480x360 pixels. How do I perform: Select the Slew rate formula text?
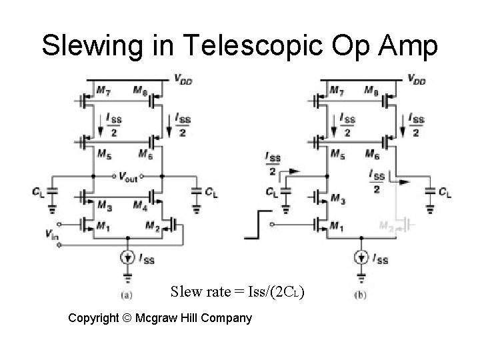click(x=238, y=292)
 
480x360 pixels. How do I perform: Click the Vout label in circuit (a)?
click(x=129, y=177)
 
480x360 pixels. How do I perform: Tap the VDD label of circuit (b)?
click(x=417, y=79)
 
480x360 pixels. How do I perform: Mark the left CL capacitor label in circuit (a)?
click(x=37, y=192)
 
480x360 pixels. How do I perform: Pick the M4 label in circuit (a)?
click(x=140, y=203)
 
